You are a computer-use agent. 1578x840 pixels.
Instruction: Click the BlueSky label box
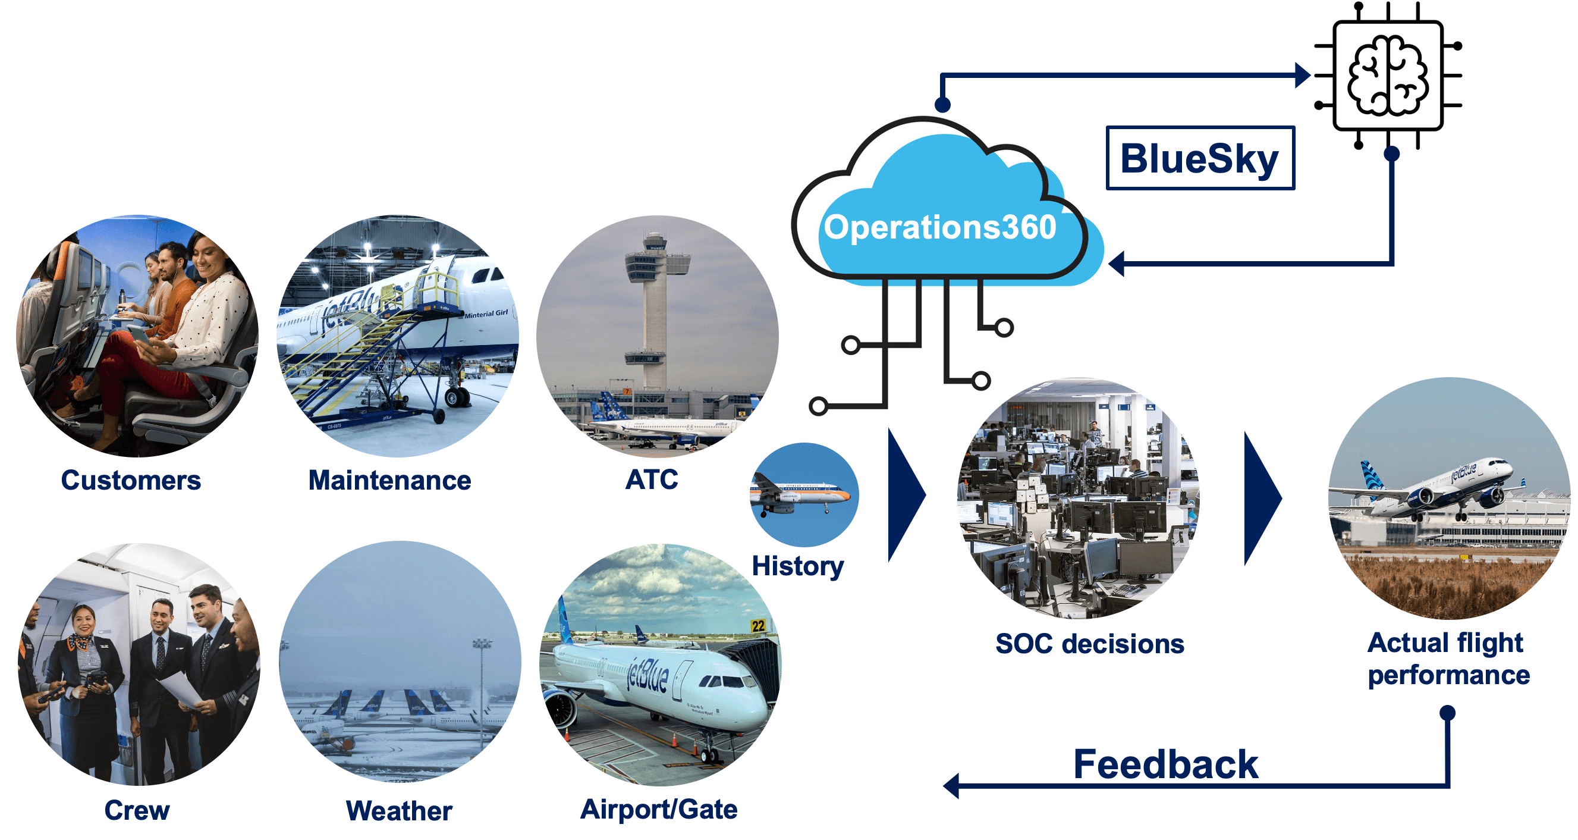point(1200,158)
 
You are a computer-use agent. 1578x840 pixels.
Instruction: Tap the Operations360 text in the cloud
point(939,228)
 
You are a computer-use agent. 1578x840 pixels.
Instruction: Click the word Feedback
point(1166,764)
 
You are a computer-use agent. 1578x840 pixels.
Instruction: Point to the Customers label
point(131,480)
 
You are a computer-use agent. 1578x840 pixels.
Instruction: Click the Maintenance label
point(389,480)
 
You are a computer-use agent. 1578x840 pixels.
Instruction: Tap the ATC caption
point(652,479)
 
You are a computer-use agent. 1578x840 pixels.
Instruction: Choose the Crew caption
point(137,810)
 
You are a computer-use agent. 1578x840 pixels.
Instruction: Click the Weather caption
point(400,811)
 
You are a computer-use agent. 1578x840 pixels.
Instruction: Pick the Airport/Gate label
point(659,810)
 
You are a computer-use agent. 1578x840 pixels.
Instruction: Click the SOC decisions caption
point(1090,644)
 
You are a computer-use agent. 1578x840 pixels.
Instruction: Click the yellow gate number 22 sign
point(758,626)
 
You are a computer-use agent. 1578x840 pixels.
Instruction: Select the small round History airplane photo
point(804,494)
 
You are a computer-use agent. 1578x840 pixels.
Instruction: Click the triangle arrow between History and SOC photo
point(907,495)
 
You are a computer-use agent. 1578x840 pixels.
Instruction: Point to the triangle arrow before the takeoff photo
point(1263,498)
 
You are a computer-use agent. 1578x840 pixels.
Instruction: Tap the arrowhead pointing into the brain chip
point(1303,76)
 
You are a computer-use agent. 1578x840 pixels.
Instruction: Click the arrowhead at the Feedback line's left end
point(951,786)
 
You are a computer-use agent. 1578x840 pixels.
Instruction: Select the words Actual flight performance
point(1449,659)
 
